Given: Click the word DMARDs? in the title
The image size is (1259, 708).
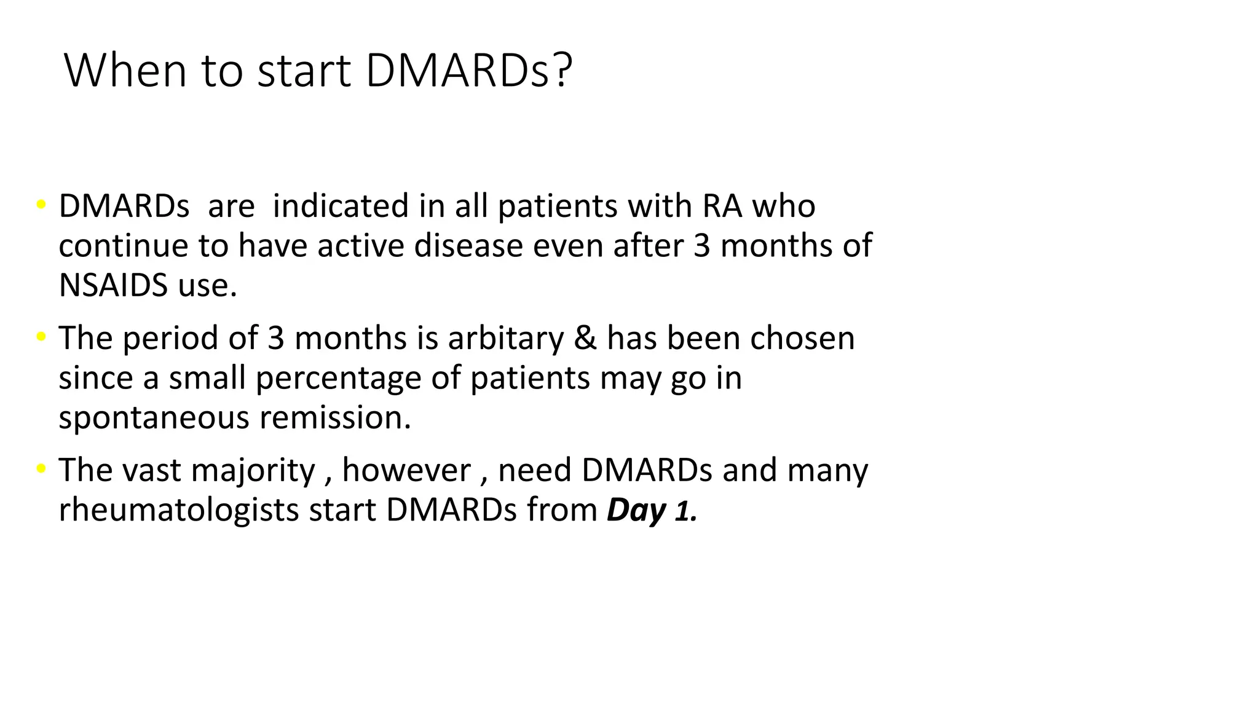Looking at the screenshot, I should tap(468, 71).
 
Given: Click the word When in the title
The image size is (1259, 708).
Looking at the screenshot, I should tap(125, 71).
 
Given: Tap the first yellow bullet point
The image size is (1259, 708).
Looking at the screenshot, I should tap(41, 205).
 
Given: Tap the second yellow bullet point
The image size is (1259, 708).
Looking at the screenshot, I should tap(41, 337).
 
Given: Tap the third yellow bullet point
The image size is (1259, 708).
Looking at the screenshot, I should tap(41, 469).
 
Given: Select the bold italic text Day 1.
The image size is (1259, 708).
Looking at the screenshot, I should tap(652, 510).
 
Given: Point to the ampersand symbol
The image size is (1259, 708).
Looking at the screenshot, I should tap(585, 338).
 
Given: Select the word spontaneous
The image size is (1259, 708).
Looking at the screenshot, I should tap(154, 419).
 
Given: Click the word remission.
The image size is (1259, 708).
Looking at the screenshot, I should tap(335, 417).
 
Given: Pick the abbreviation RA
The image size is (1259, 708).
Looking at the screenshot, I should tap(722, 206).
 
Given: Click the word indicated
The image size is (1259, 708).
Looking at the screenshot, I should tap(340, 206).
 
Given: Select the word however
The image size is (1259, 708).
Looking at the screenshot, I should tap(406, 470).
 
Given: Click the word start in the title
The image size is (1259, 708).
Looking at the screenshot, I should tap(304, 71).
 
